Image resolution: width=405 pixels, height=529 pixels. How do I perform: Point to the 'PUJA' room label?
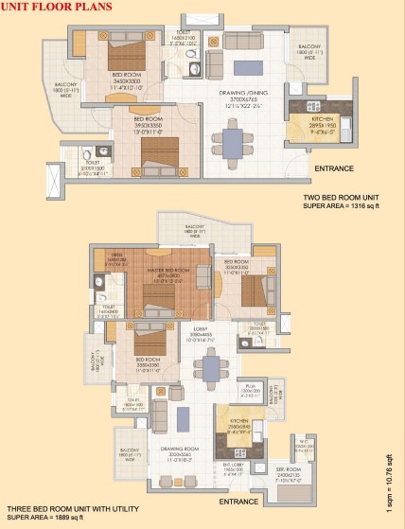251,386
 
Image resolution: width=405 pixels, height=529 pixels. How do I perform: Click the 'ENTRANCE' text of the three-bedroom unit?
239,501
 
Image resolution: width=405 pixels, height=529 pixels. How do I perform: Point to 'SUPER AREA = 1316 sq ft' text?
345,205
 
